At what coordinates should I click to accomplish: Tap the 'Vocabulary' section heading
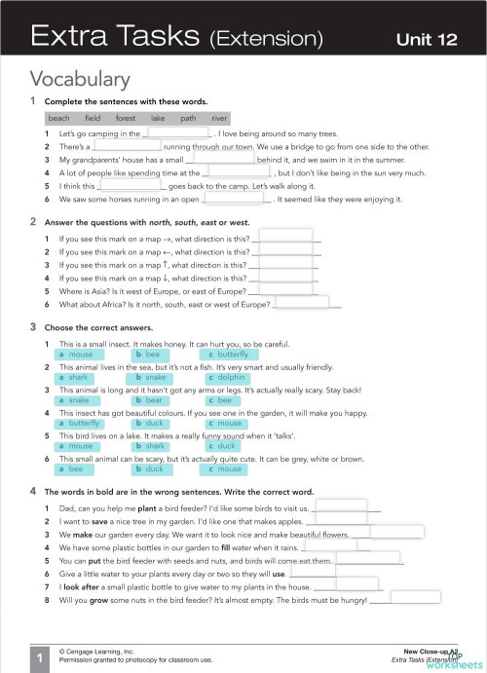(80, 79)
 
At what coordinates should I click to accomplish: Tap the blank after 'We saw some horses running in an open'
(237, 199)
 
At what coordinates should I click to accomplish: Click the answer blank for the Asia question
(283, 289)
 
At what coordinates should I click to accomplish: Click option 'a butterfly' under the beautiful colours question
(85, 424)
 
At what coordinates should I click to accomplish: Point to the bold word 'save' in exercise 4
(97, 521)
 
